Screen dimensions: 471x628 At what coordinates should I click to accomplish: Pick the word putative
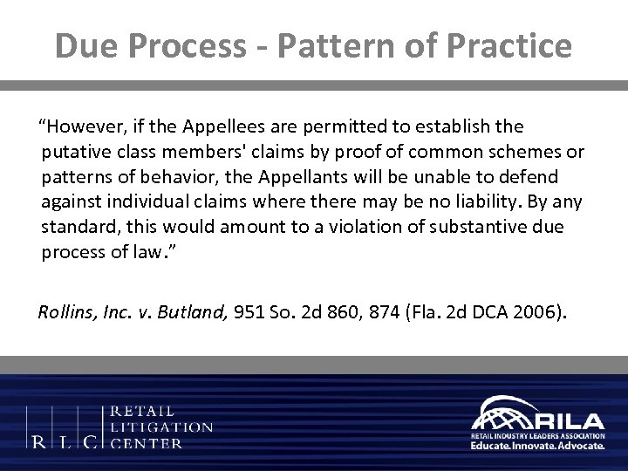pos(73,154)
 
